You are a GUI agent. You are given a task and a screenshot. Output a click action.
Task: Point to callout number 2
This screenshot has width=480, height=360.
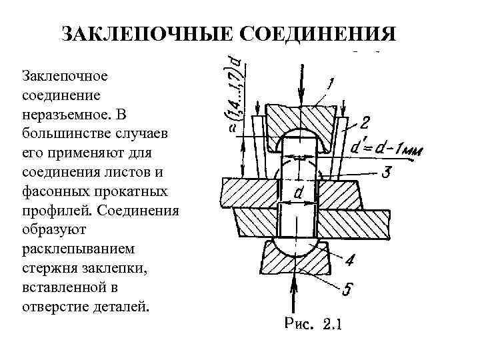click(365, 122)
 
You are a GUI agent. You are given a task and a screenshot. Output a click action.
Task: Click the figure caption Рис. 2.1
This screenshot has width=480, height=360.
click(312, 325)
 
